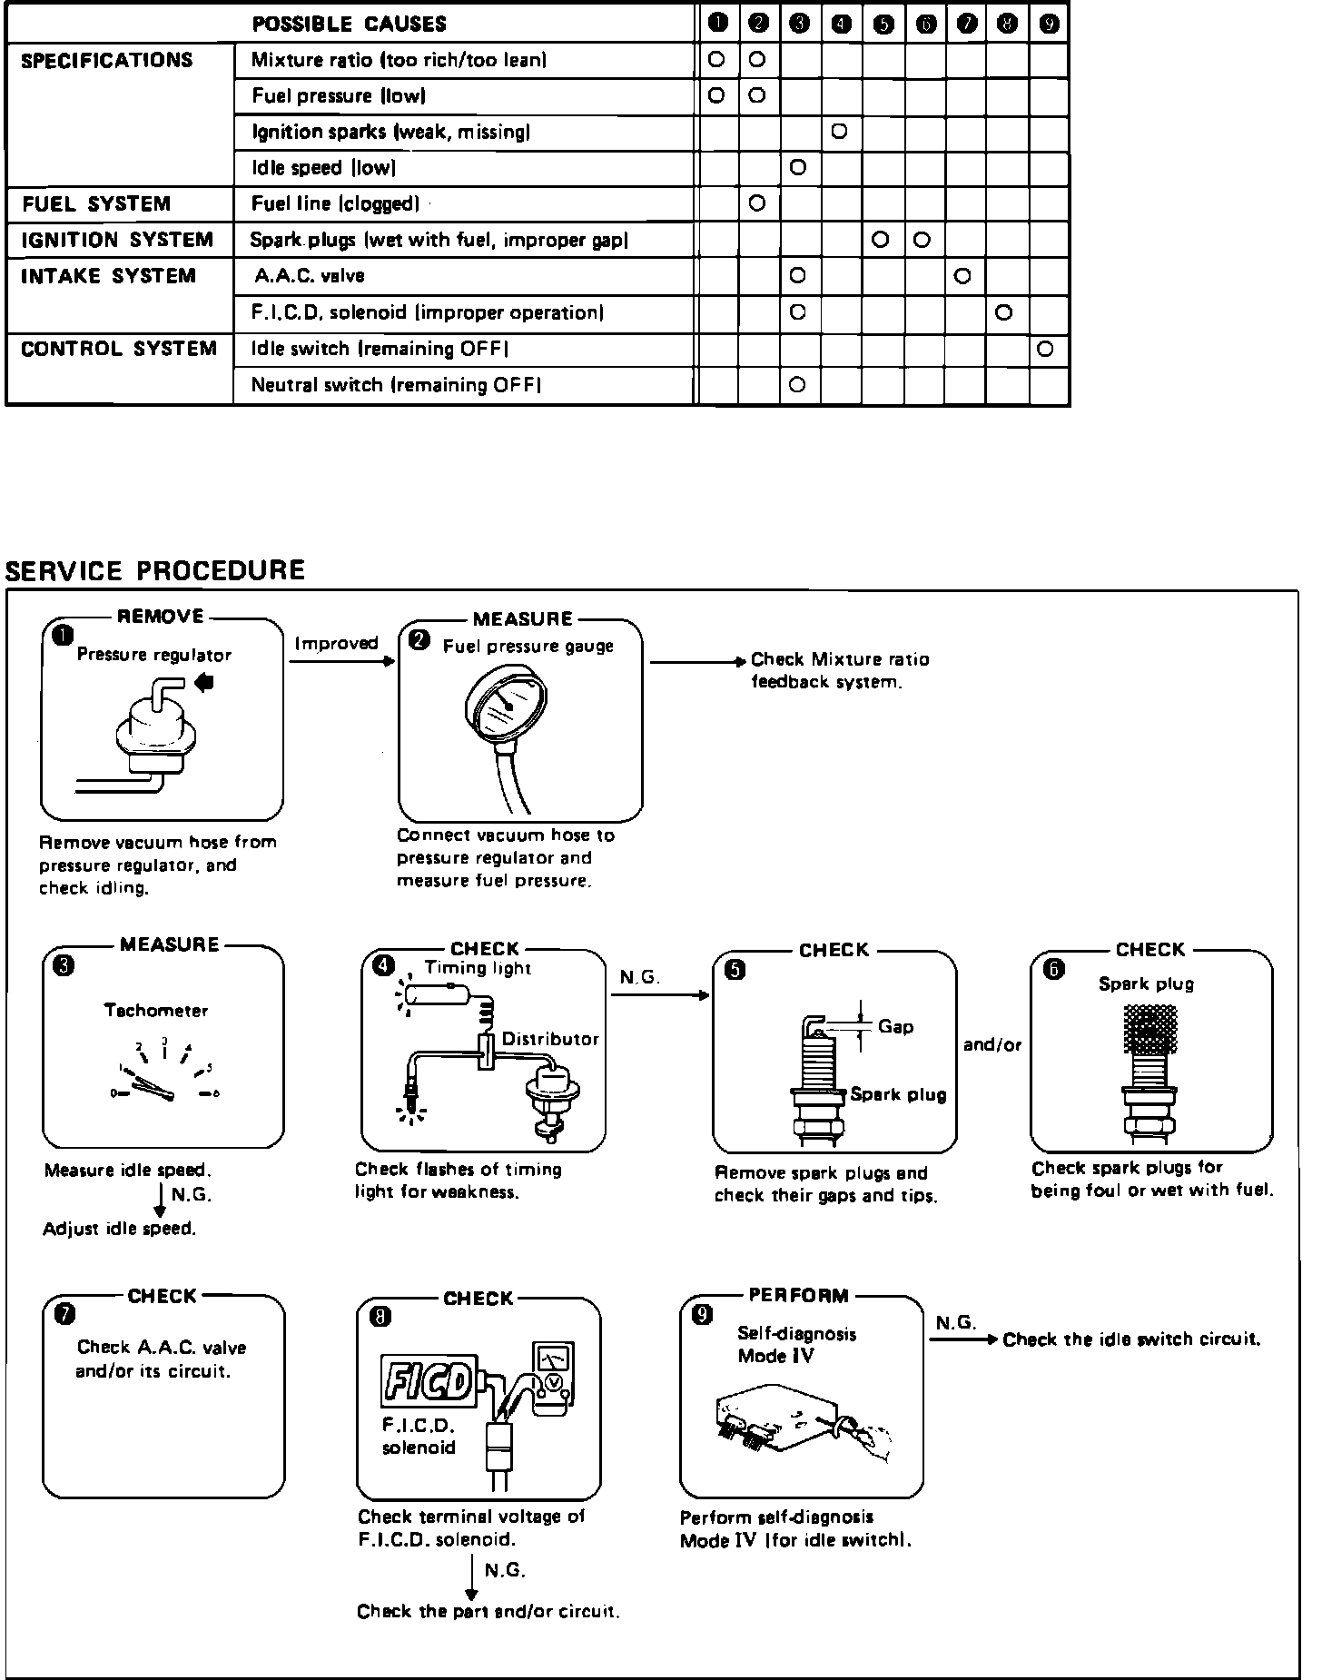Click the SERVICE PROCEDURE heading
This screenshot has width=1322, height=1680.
[155, 570]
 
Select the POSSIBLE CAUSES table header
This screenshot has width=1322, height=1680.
[349, 24]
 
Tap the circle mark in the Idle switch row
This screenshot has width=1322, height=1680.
[1045, 349]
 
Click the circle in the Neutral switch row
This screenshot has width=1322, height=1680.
[797, 385]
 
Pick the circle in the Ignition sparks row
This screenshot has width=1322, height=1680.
[839, 132]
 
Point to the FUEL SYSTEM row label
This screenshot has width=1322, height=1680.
[96, 204]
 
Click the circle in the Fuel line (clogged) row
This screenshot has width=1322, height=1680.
[757, 203]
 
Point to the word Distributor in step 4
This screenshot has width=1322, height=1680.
[550, 1039]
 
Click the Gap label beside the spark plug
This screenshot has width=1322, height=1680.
[895, 1027]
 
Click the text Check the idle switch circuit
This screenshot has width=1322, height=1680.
[1131, 1339]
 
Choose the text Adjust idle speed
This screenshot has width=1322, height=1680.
[120, 1229]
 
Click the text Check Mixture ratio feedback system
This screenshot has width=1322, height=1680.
[839, 670]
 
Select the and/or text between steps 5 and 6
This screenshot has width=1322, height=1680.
[992, 1044]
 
